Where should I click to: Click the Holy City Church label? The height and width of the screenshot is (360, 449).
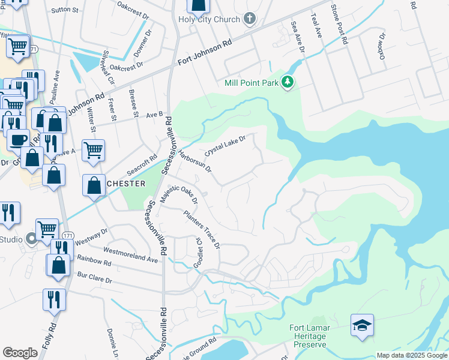[x=209, y=19]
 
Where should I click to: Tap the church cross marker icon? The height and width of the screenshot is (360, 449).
[x=250, y=19]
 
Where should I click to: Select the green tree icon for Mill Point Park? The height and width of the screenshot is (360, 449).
[x=288, y=83]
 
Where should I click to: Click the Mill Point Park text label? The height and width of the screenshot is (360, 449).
[x=252, y=83]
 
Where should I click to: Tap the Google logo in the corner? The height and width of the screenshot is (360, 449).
[x=20, y=352]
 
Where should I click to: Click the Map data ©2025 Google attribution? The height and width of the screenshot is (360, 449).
[x=411, y=355]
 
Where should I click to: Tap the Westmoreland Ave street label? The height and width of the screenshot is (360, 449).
[x=130, y=255]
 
